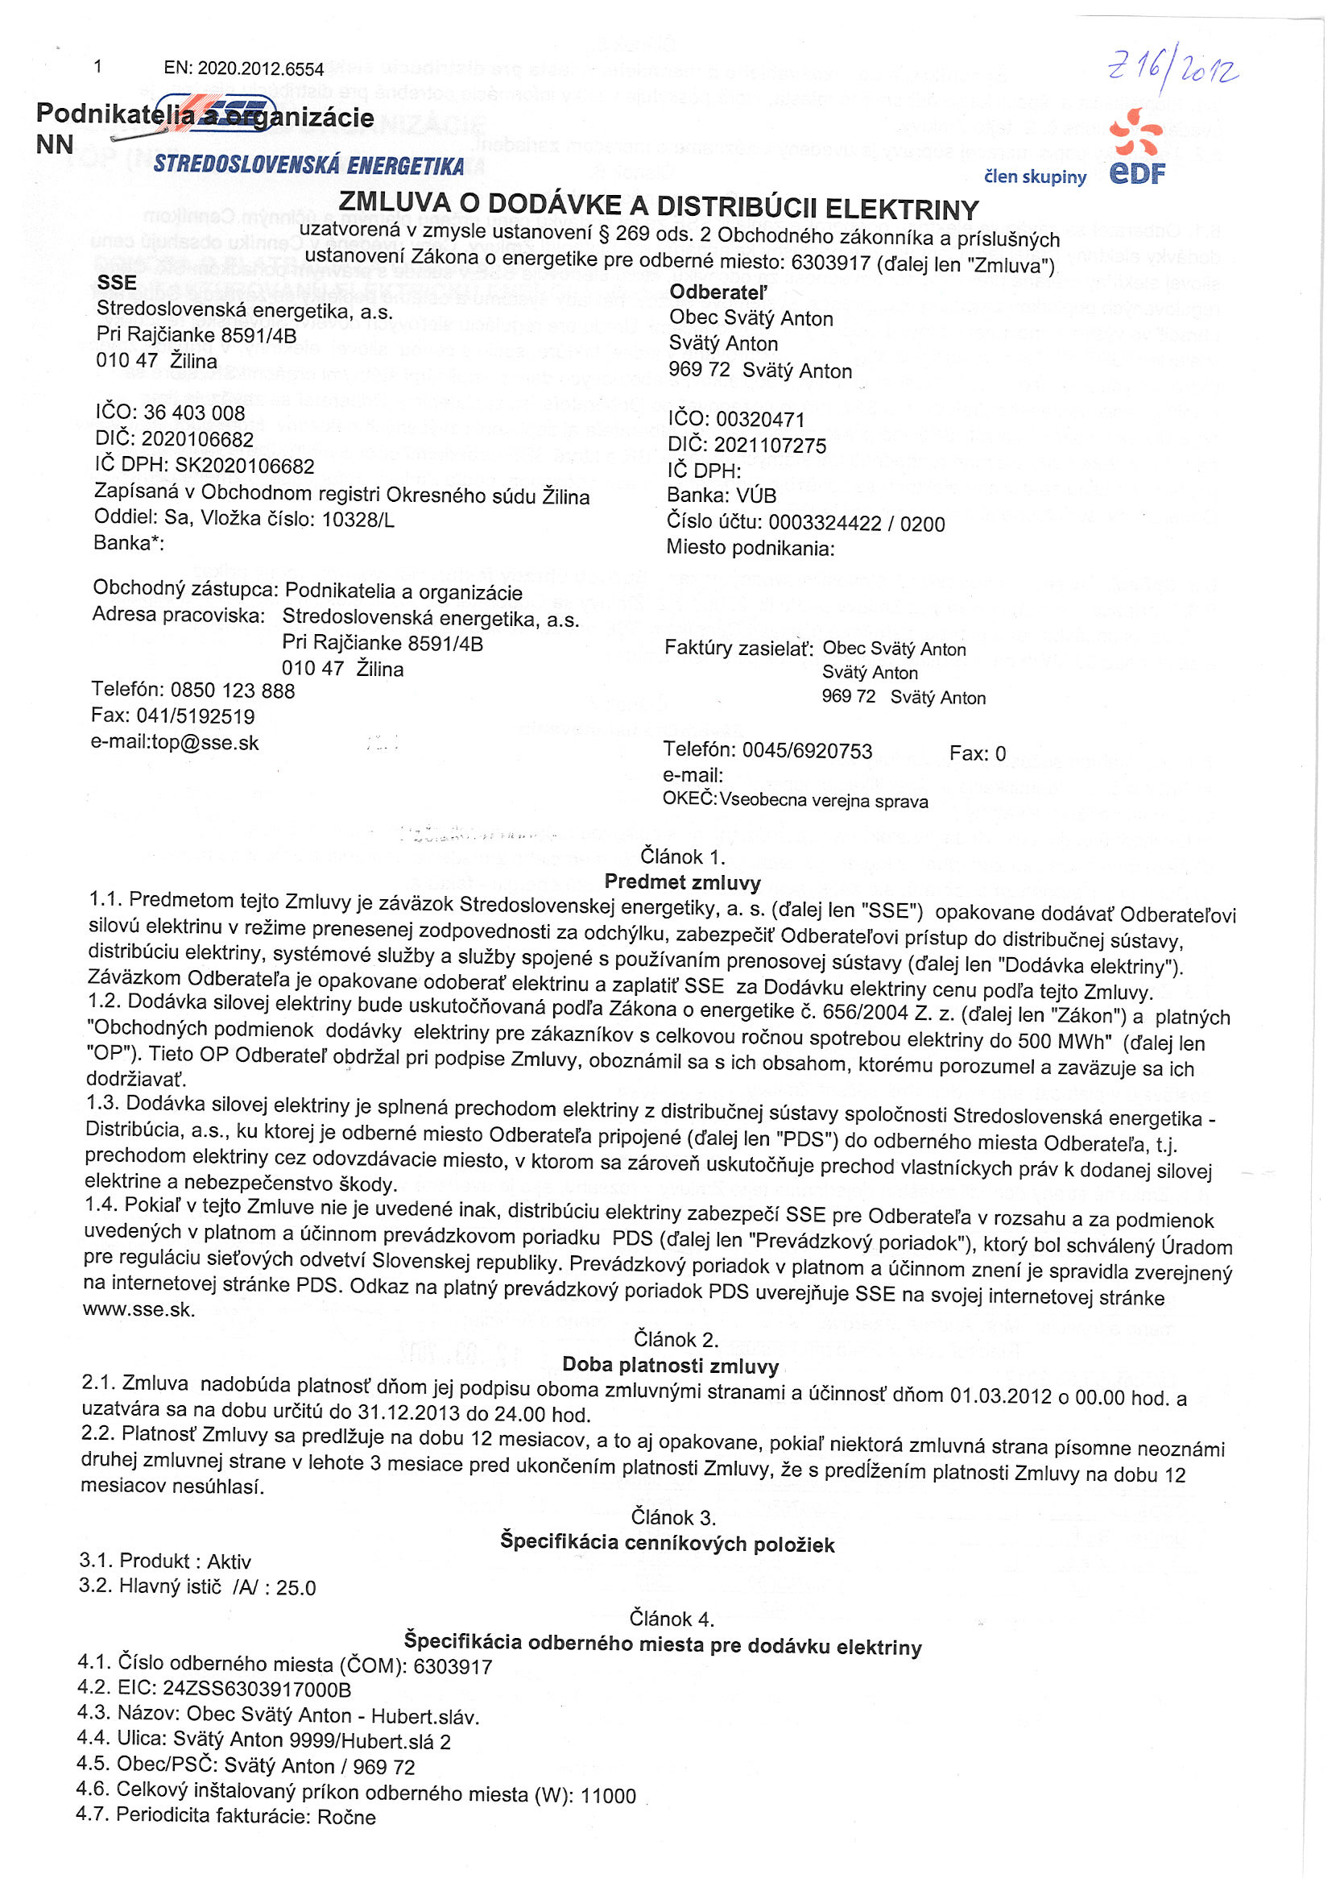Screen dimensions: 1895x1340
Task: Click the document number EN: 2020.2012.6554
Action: (243, 68)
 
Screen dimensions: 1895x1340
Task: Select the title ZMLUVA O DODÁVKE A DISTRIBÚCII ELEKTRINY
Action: (659, 205)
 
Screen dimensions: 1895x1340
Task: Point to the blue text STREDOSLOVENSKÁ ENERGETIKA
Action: (308, 165)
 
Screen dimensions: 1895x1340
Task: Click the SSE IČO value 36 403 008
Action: (194, 413)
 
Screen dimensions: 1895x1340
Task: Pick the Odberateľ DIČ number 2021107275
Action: (769, 446)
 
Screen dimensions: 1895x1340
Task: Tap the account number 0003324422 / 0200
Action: (857, 523)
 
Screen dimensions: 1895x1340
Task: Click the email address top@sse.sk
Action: (205, 743)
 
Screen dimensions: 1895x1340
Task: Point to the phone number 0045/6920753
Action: (807, 750)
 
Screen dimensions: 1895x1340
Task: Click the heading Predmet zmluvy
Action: (682, 882)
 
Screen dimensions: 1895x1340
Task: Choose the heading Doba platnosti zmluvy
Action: (670, 1365)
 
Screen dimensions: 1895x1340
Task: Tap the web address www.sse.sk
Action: (139, 1310)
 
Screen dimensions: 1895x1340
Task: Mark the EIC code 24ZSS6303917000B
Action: (257, 1689)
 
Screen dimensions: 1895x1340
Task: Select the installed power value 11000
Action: (608, 1796)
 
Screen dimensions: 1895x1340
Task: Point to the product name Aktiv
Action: (229, 1561)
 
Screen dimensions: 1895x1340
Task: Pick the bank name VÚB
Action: (756, 496)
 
